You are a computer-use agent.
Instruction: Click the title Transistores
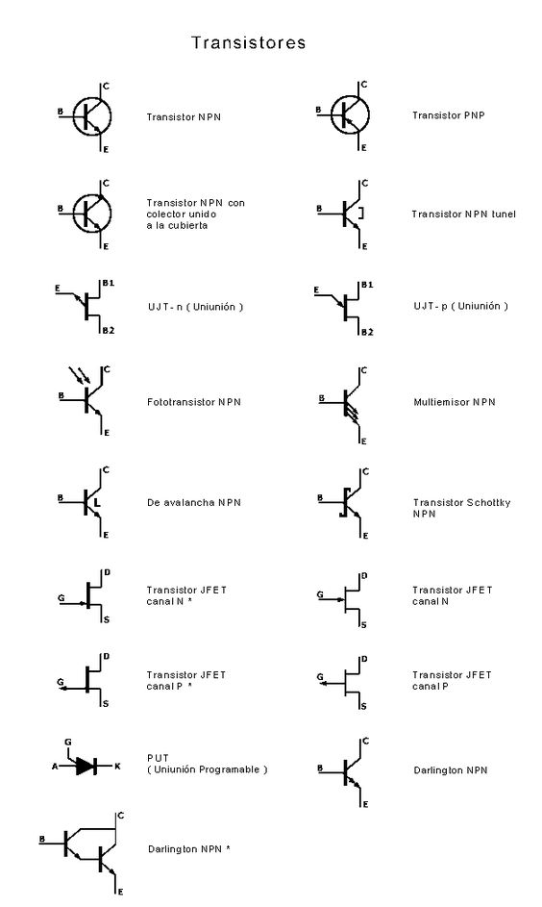[249, 43]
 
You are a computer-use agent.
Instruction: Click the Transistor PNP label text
[449, 115]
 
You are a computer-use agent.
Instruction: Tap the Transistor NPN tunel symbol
[345, 214]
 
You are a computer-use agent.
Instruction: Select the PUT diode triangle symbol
[86, 766]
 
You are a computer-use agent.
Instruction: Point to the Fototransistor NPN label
[193, 402]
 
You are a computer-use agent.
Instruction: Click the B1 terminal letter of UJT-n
[108, 283]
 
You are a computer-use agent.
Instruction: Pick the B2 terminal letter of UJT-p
[367, 332]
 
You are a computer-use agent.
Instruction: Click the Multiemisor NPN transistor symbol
[345, 405]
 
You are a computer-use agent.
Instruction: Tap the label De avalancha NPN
[193, 503]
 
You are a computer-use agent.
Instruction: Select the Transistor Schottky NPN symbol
[345, 503]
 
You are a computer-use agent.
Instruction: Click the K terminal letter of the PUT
[117, 767]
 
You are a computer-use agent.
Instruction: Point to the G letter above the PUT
[67, 743]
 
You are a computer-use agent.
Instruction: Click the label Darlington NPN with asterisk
[189, 849]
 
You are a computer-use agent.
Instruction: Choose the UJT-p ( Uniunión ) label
[460, 306]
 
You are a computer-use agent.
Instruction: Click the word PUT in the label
[158, 758]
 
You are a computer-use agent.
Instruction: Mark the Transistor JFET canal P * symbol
[86, 680]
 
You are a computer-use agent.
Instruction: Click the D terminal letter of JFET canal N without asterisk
[364, 576]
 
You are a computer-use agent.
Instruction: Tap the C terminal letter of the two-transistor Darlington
[120, 816]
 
